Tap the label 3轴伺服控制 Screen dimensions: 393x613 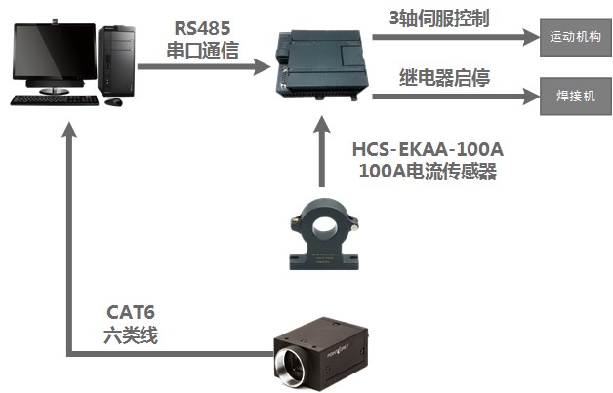439,18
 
